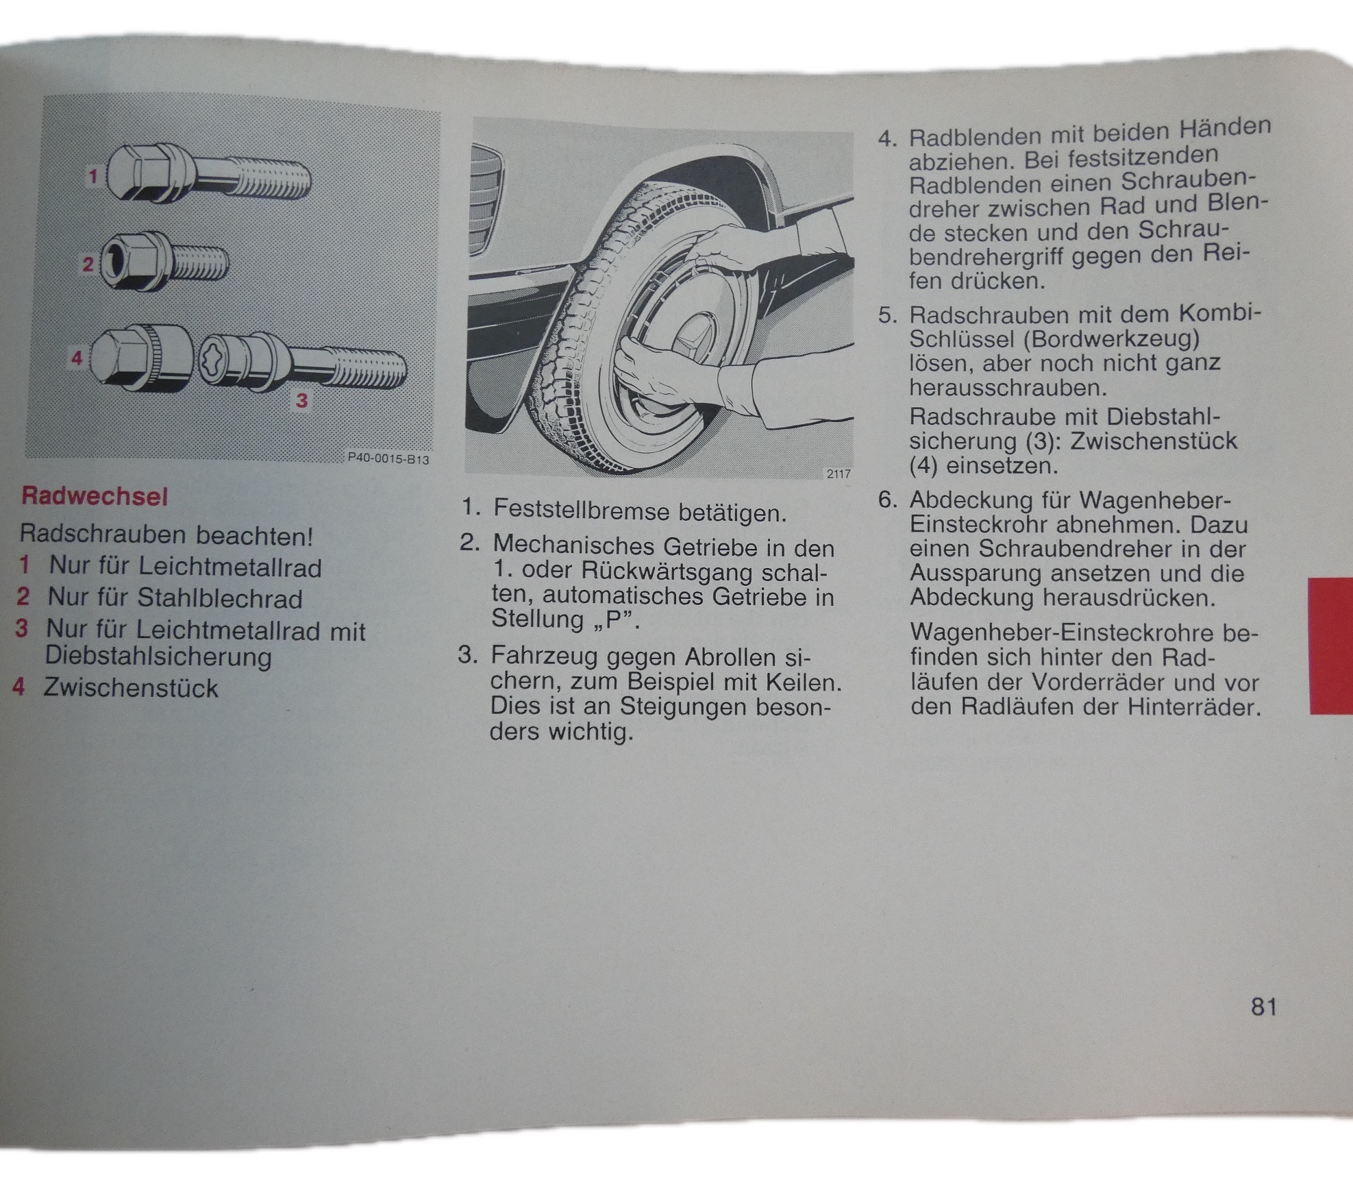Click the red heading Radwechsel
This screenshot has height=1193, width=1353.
[x=95, y=496]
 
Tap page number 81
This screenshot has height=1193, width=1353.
[x=1264, y=1007]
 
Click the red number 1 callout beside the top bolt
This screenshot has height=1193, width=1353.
[x=93, y=177]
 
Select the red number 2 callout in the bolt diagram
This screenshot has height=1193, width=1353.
[x=88, y=264]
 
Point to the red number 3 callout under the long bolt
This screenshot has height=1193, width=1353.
[x=301, y=400]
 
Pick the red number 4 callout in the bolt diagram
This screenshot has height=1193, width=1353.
[x=77, y=358]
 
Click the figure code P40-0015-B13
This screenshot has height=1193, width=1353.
[x=388, y=458]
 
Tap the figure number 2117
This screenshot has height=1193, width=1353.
[x=839, y=473]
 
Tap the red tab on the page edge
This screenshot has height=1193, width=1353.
[x=1331, y=645]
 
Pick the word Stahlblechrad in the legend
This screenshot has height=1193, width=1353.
[x=220, y=598]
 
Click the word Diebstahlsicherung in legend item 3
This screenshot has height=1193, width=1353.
[x=158, y=656]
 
